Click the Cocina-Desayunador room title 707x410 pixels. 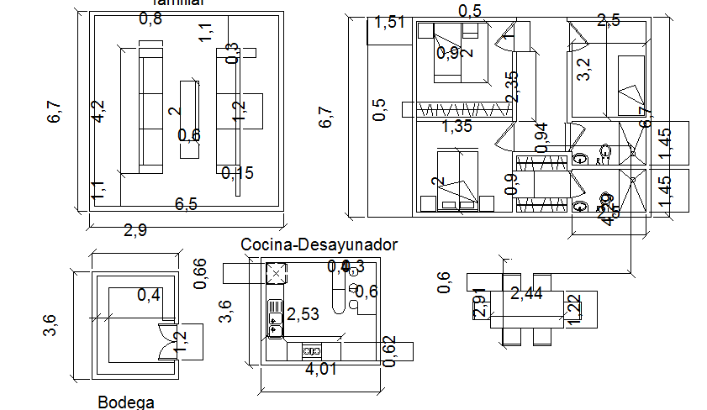pos(319,244)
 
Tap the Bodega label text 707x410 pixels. pos(126,402)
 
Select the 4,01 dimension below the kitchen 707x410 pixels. pos(322,369)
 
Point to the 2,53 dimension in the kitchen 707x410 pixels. pos(303,314)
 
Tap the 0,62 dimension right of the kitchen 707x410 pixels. pos(388,350)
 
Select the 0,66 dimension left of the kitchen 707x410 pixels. pos(200,274)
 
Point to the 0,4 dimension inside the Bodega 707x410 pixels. pos(149,295)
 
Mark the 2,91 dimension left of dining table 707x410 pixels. pos(480,303)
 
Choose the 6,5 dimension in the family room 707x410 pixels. pos(187,203)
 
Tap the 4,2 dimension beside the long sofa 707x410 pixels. pos(99,112)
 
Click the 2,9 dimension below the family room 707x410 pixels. pos(135,230)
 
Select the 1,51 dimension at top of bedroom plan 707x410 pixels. pos(391,23)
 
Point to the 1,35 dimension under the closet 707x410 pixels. pos(457,127)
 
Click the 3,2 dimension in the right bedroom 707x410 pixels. pos(583,68)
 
